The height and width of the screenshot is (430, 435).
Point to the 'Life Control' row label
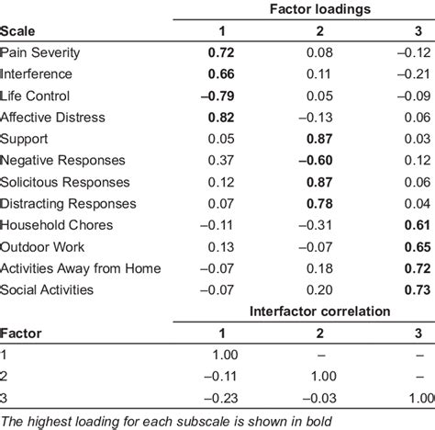(x=35, y=96)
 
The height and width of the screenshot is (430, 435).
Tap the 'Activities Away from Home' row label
(x=81, y=268)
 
